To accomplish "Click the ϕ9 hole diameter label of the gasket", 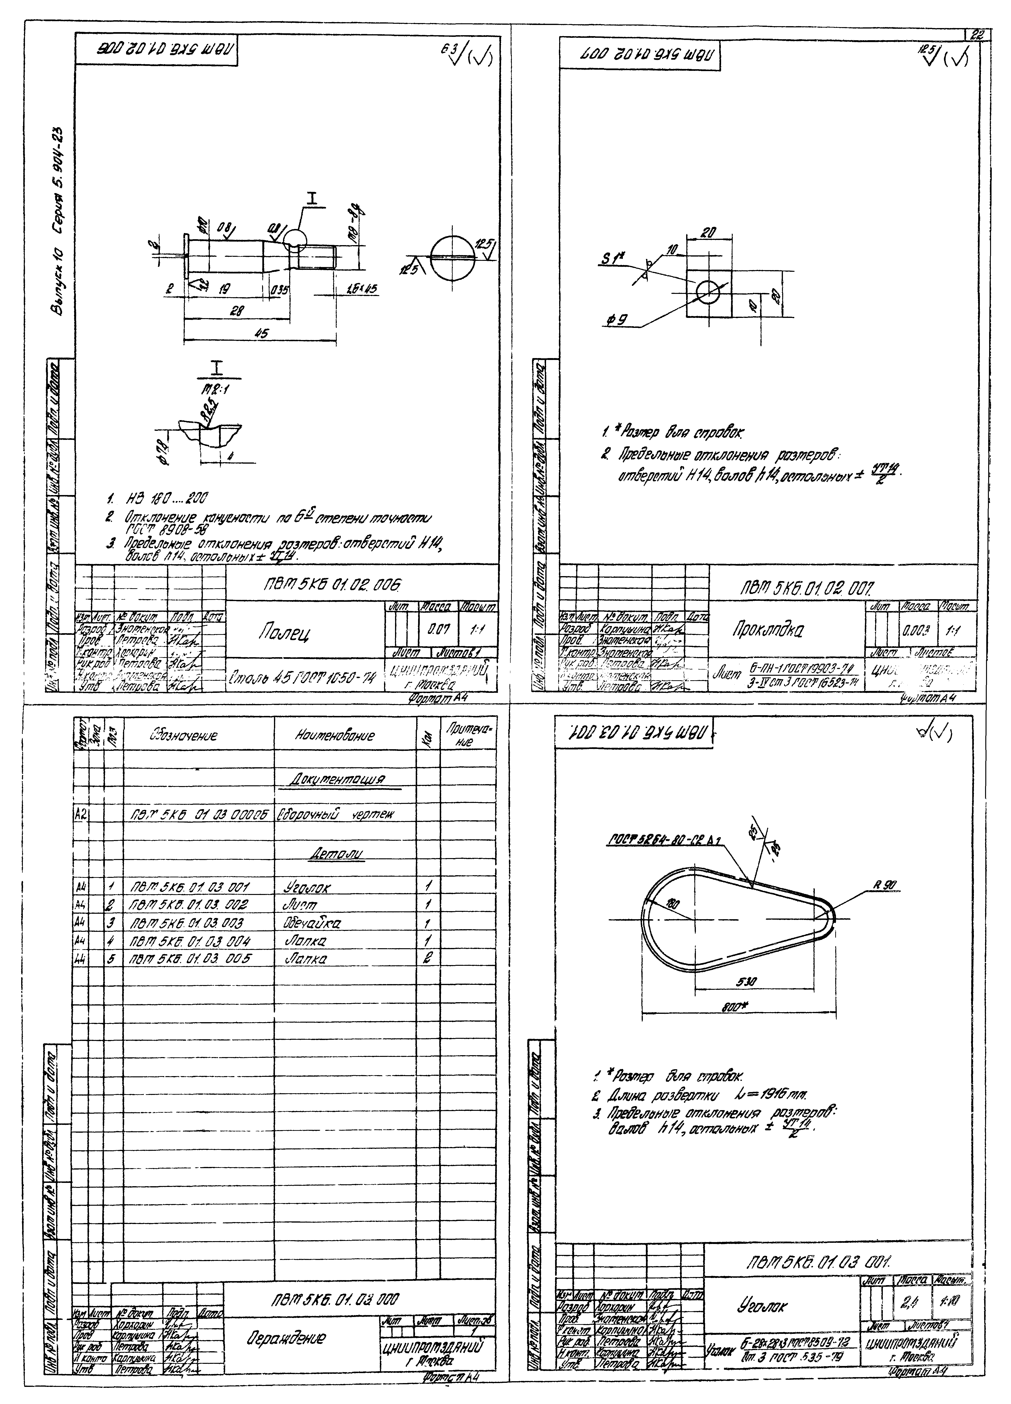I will click(x=617, y=321).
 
